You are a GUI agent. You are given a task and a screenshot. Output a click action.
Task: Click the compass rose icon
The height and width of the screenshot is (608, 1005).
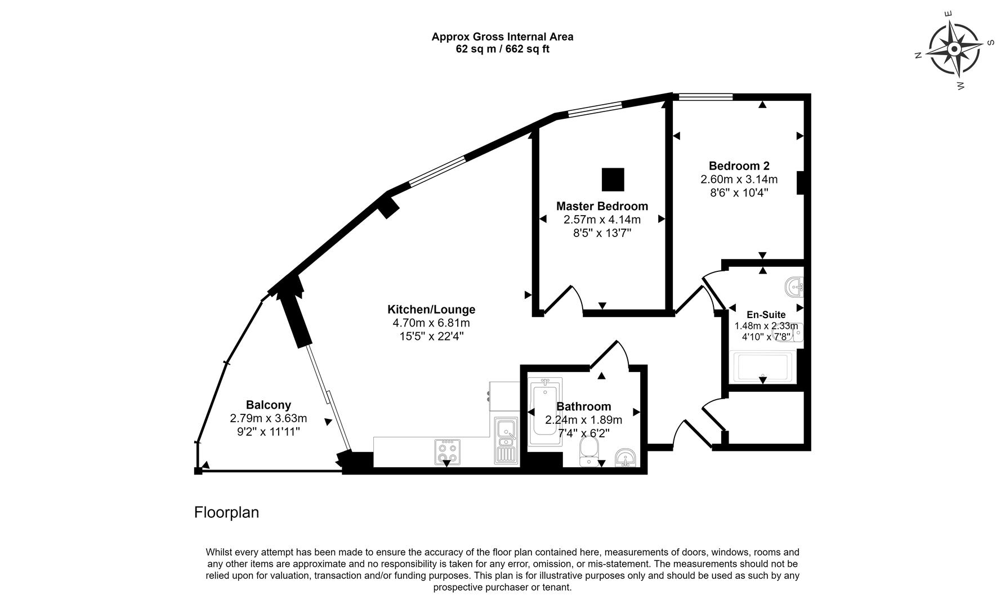pyautogui.click(x=954, y=49)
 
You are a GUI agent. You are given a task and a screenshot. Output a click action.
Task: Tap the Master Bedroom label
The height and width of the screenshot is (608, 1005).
pyautogui.click(x=602, y=206)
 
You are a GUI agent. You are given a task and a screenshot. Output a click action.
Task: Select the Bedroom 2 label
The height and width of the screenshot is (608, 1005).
pyautogui.click(x=739, y=166)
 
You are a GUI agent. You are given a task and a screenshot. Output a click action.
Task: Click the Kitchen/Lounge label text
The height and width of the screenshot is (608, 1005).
pyautogui.click(x=431, y=309)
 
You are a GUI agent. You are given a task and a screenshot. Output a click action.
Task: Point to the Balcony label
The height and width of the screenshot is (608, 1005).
pyautogui.click(x=268, y=405)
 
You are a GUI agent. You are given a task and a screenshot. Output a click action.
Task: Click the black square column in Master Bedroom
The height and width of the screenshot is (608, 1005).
pyautogui.click(x=613, y=180)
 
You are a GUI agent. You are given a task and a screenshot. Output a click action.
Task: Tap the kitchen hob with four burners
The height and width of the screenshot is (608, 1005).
pyautogui.click(x=447, y=451)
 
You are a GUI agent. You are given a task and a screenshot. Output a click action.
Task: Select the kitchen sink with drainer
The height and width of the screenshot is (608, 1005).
pyautogui.click(x=506, y=440)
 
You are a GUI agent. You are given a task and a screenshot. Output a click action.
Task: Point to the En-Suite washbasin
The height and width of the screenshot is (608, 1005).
pyautogui.click(x=795, y=287)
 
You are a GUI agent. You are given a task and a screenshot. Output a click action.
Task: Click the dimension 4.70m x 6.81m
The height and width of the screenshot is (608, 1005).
pyautogui.click(x=431, y=323)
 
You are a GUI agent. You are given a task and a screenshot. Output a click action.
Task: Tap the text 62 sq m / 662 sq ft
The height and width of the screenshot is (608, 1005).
pyautogui.click(x=502, y=49)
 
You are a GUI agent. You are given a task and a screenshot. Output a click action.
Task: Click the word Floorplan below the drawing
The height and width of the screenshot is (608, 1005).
pyautogui.click(x=226, y=512)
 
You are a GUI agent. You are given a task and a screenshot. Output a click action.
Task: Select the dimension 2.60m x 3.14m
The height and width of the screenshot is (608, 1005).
pyautogui.click(x=739, y=180)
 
